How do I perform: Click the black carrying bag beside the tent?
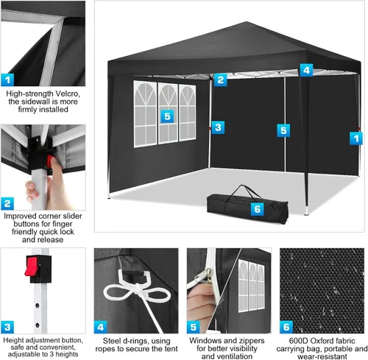[x=247, y=208]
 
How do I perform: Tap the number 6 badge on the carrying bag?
[x=257, y=209]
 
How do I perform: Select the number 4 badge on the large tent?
[x=306, y=70]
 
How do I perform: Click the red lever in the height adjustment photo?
[x=31, y=266]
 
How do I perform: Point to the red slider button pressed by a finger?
[x=50, y=161]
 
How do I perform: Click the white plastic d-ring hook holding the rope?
[x=132, y=278]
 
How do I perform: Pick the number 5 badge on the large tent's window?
[x=167, y=116]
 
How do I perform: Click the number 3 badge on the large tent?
[x=218, y=127]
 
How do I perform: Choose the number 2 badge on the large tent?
[x=221, y=80]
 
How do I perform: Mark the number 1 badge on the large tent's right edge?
[x=356, y=138]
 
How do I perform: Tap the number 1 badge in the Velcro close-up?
[x=7, y=80]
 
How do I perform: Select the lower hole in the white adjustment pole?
[x=38, y=325]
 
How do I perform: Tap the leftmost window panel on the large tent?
[x=145, y=114]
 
